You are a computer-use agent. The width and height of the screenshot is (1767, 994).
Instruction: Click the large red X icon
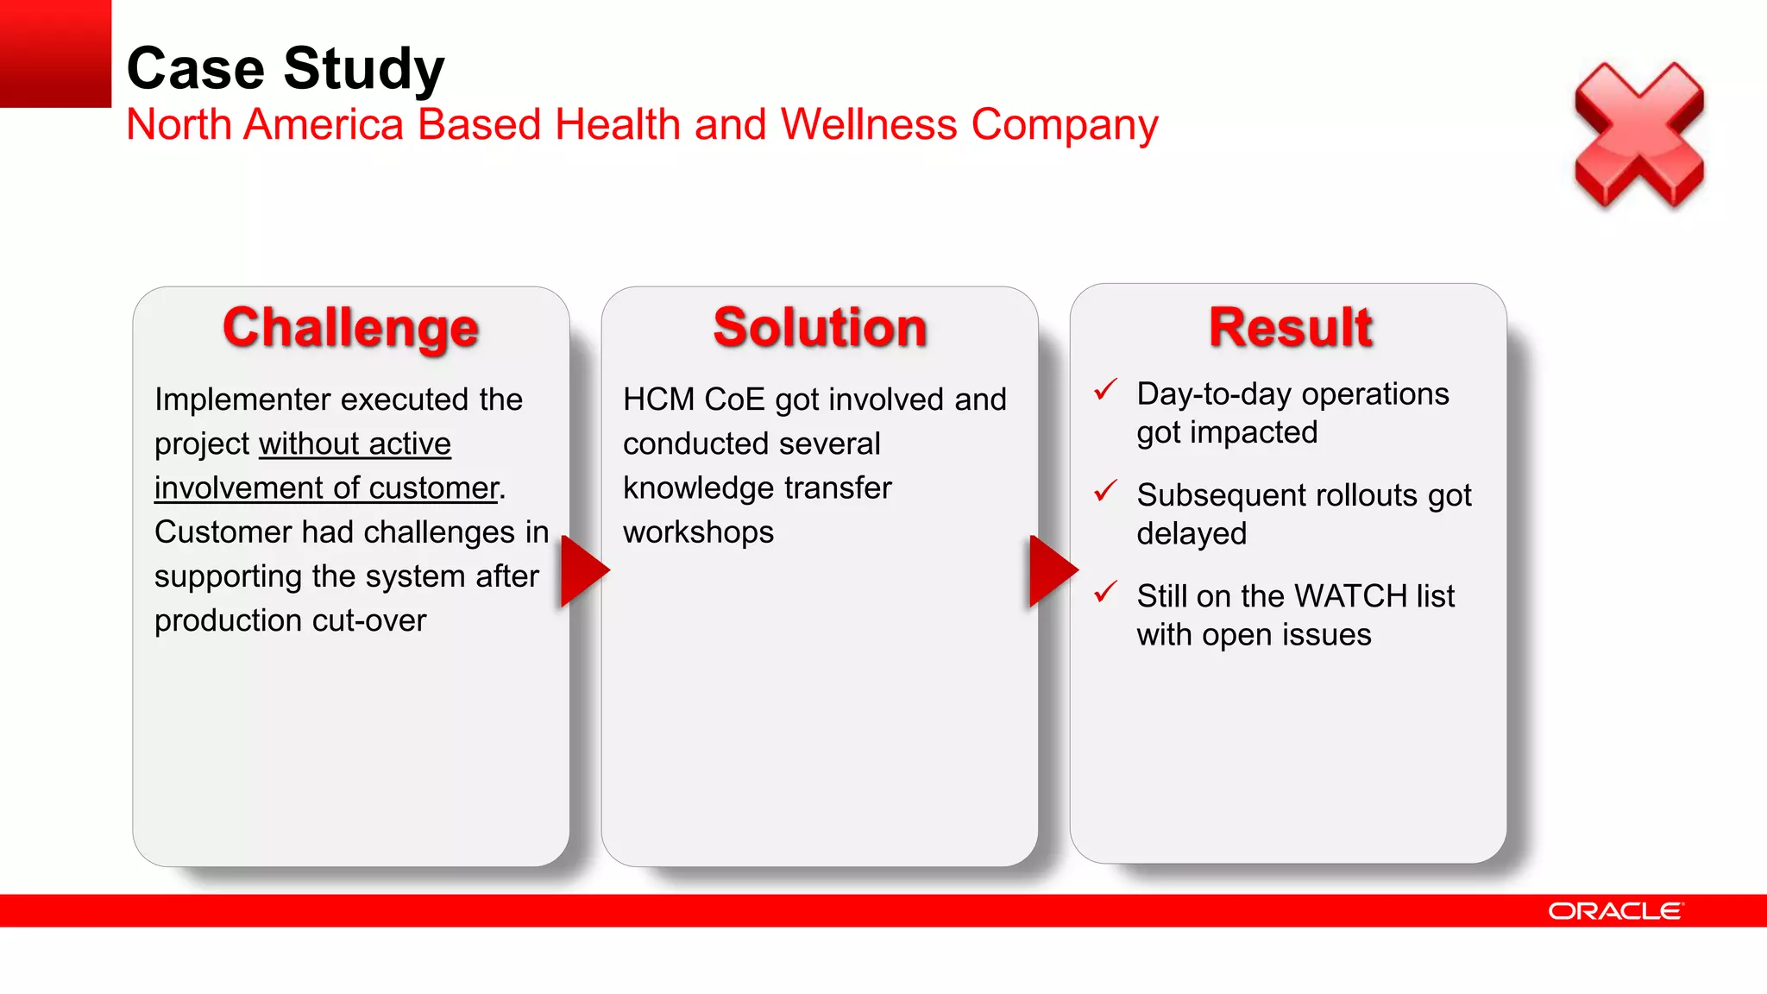[1638, 135]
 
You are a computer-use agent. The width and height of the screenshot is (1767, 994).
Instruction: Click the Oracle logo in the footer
[1615, 911]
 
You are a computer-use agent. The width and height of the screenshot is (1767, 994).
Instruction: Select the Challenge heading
[350, 328]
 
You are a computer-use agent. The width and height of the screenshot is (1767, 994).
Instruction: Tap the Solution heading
[820, 328]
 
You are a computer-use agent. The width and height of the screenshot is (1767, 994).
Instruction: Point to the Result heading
[1290, 328]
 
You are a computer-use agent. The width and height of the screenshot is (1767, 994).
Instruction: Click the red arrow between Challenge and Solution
[583, 571]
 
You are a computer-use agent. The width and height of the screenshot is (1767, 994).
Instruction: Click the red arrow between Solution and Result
[1052, 571]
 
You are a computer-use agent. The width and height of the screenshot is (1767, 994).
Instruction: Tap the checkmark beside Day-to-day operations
[1105, 390]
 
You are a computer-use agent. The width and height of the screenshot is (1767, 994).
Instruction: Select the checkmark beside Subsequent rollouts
[1105, 491]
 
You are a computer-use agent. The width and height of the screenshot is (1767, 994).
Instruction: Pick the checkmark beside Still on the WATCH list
[1105, 593]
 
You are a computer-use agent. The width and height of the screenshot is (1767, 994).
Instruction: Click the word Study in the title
[363, 69]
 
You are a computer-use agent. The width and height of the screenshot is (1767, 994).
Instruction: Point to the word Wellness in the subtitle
[869, 124]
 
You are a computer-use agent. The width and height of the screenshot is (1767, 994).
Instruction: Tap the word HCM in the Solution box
[658, 399]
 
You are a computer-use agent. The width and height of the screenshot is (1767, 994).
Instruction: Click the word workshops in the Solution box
[698, 532]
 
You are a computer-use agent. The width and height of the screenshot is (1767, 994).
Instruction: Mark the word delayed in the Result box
[1192, 534]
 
